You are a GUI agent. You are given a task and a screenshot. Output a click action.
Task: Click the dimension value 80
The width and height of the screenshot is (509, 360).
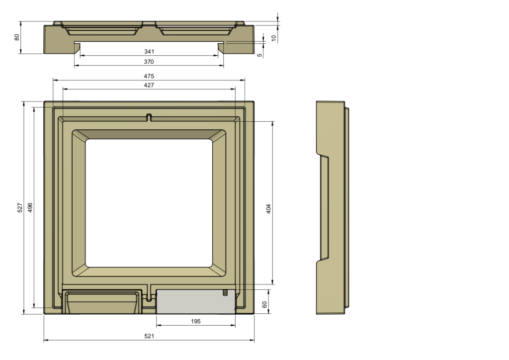16,37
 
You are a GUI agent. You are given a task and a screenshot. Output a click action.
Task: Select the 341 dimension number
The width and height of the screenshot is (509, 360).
149,52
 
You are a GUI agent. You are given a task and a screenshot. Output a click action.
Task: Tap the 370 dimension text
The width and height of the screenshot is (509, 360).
149,62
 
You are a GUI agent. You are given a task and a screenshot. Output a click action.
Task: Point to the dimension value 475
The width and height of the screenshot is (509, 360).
149,76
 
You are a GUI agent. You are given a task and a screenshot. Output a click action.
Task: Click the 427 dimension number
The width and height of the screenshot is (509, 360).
149,85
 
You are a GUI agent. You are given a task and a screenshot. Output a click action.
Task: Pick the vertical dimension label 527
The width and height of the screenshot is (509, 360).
20,208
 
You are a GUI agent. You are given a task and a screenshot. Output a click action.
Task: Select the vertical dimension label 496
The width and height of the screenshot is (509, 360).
30,208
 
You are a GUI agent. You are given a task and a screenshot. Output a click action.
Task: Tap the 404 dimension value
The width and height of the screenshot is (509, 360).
268,209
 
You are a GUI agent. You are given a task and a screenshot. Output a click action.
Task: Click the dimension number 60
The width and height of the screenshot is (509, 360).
265,304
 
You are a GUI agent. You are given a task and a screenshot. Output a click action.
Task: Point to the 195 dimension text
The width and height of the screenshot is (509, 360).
196,322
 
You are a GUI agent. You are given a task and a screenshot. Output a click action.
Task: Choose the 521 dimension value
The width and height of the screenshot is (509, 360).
149,336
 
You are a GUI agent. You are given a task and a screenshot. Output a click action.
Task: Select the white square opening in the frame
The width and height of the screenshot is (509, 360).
149,203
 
